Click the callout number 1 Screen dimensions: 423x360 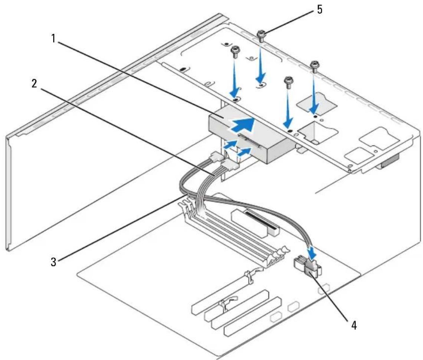pos(54,39)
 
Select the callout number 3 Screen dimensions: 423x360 pos(54,262)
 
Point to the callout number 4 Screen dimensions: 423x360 pos(354,325)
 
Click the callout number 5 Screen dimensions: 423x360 pos(319,10)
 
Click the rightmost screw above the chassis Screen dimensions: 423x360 pos(314,67)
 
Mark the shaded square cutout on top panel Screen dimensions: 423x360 pos(317,103)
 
